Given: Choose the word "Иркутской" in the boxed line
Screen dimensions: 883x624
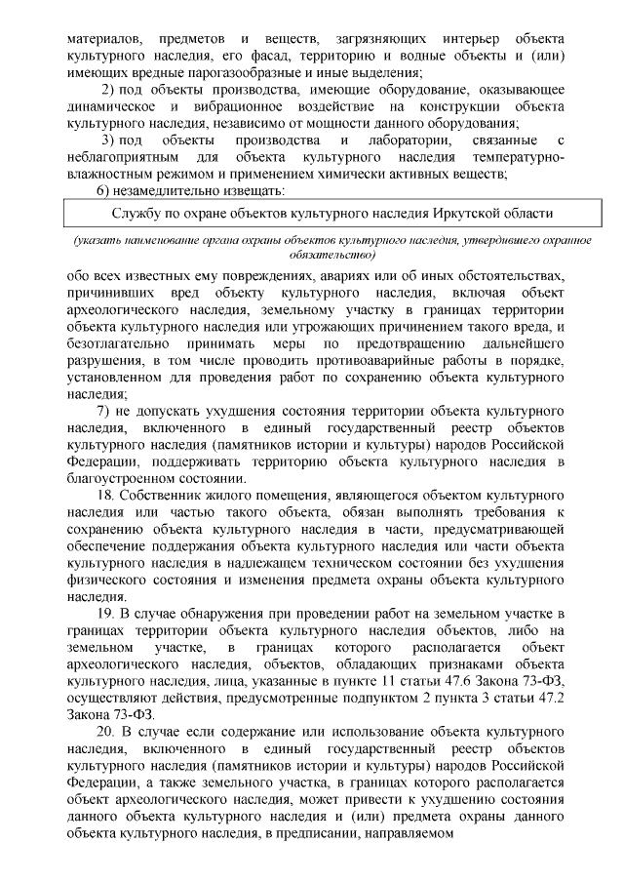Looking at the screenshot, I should pyautogui.click(x=443, y=213).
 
